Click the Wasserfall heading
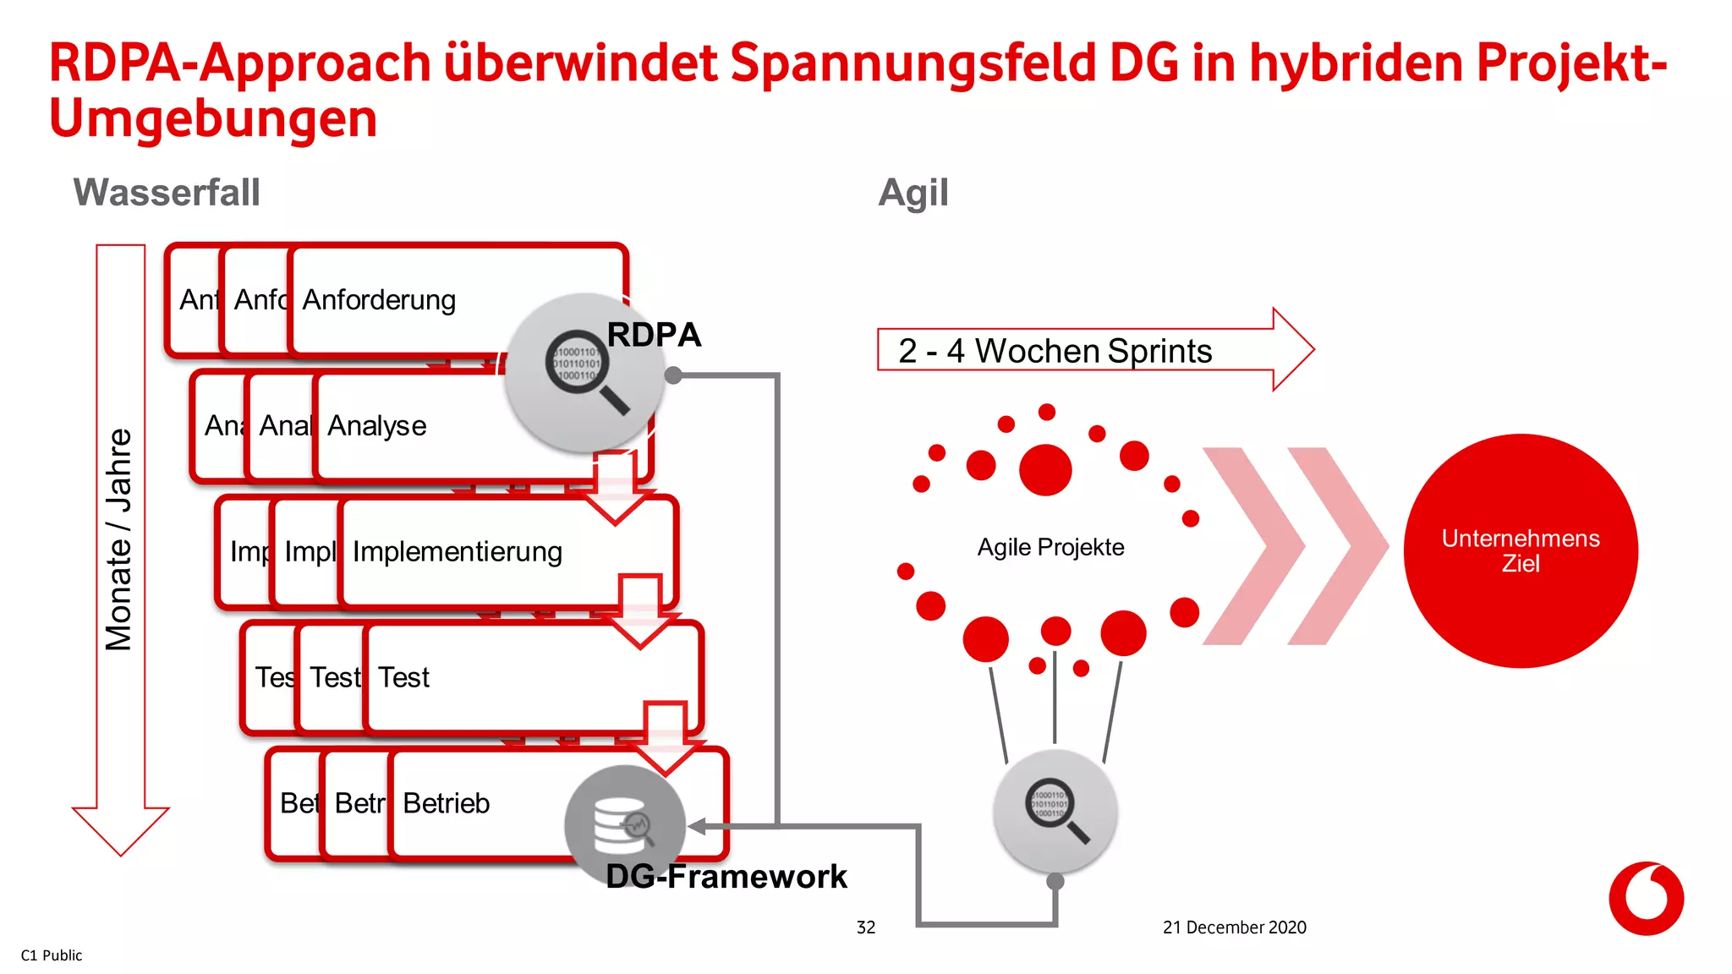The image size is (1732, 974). pyautogui.click(x=167, y=192)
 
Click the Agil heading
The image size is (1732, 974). pyautogui.click(x=913, y=193)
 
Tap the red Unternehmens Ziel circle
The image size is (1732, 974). pyautogui.click(x=1520, y=551)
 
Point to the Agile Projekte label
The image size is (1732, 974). pyautogui.click(x=1050, y=547)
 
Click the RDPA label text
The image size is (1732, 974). pyautogui.click(x=654, y=335)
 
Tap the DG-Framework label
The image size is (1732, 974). pyautogui.click(x=726, y=876)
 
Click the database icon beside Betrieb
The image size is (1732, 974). pyautogui.click(x=624, y=825)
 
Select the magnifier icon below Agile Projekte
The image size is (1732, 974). pyautogui.click(x=1055, y=810)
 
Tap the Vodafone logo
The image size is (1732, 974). pyautogui.click(x=1646, y=898)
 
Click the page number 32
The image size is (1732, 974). pyautogui.click(x=865, y=927)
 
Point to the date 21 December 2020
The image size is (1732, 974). pyautogui.click(x=1234, y=927)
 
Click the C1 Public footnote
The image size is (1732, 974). pyautogui.click(x=52, y=955)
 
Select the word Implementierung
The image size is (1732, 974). pyautogui.click(x=458, y=551)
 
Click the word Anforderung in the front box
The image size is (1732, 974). pyautogui.click(x=379, y=299)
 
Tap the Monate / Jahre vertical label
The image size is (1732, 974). pyautogui.click(x=119, y=539)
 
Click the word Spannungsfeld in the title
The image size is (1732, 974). pyautogui.click(x=912, y=63)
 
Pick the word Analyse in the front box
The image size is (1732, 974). pyautogui.click(x=376, y=425)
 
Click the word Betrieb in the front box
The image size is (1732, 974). pyautogui.click(x=446, y=802)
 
